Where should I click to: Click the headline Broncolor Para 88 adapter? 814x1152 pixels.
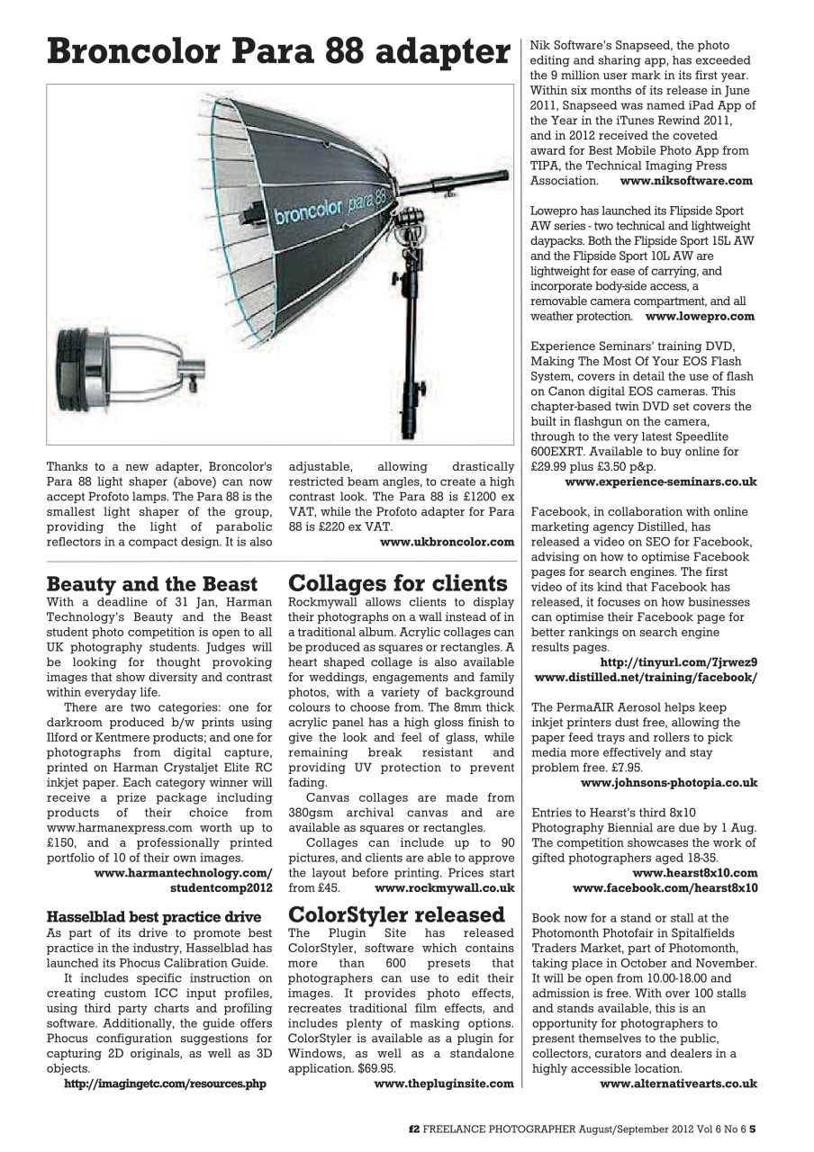278,51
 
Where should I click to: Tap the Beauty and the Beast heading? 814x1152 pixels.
151,584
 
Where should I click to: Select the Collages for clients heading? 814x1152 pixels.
397,583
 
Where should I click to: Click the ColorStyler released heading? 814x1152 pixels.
396,914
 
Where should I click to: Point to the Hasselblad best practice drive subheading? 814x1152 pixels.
153,916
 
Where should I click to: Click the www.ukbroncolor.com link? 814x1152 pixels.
447,542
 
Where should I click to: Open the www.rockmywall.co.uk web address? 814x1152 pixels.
444,887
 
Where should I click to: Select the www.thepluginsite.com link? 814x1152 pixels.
443,1084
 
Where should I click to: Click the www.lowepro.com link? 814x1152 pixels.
700,316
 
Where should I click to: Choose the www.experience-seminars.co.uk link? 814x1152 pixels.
660,481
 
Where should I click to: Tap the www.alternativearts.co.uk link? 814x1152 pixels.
678,1084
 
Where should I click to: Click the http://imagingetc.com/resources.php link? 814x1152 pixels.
165,1084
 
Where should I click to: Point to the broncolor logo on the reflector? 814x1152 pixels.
309,211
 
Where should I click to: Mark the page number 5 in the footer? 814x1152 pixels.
753,1125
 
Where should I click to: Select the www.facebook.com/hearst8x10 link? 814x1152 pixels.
665,887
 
